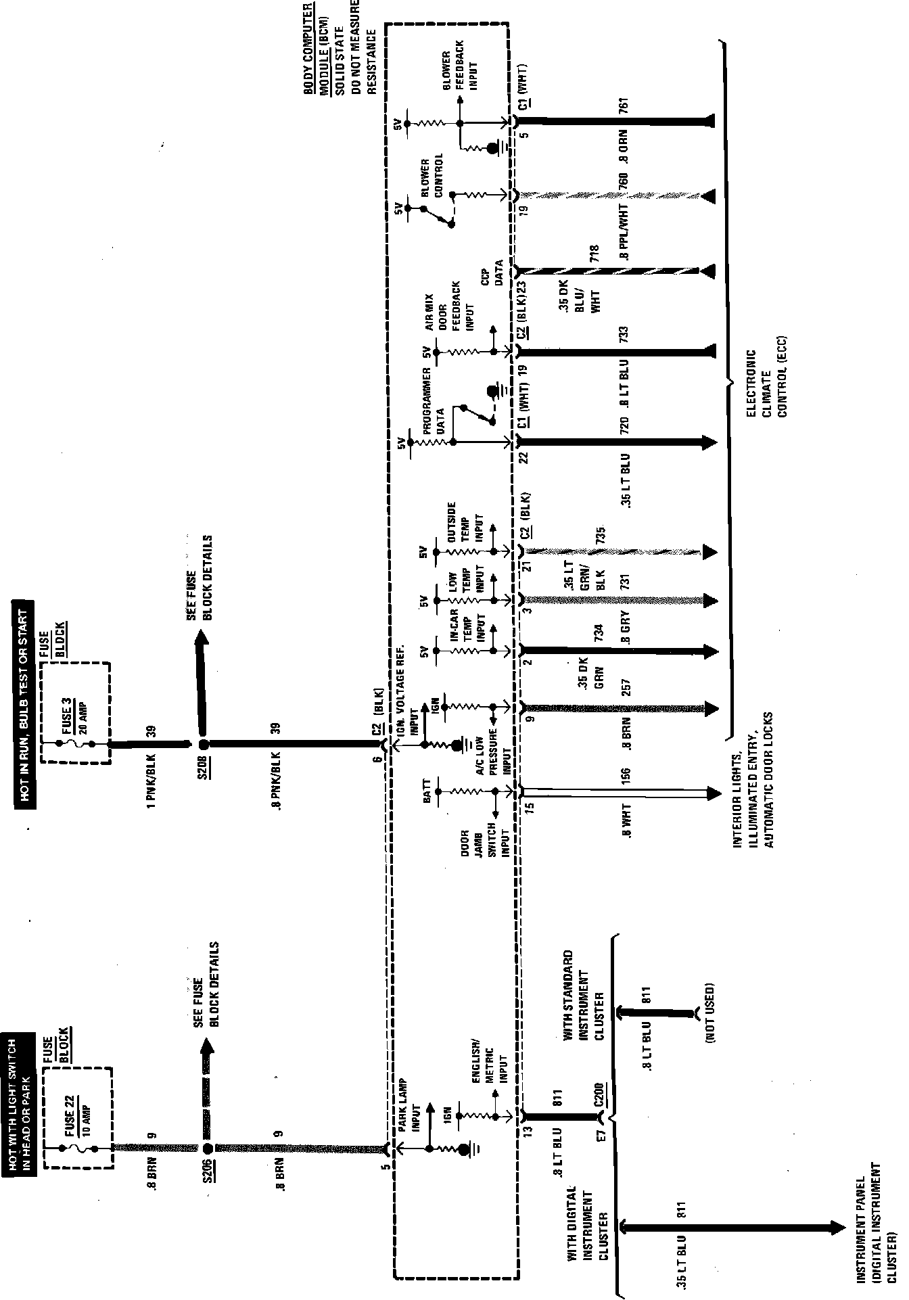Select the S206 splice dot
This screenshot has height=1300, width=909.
click(207, 1148)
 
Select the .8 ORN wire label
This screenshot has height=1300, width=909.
click(625, 149)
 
